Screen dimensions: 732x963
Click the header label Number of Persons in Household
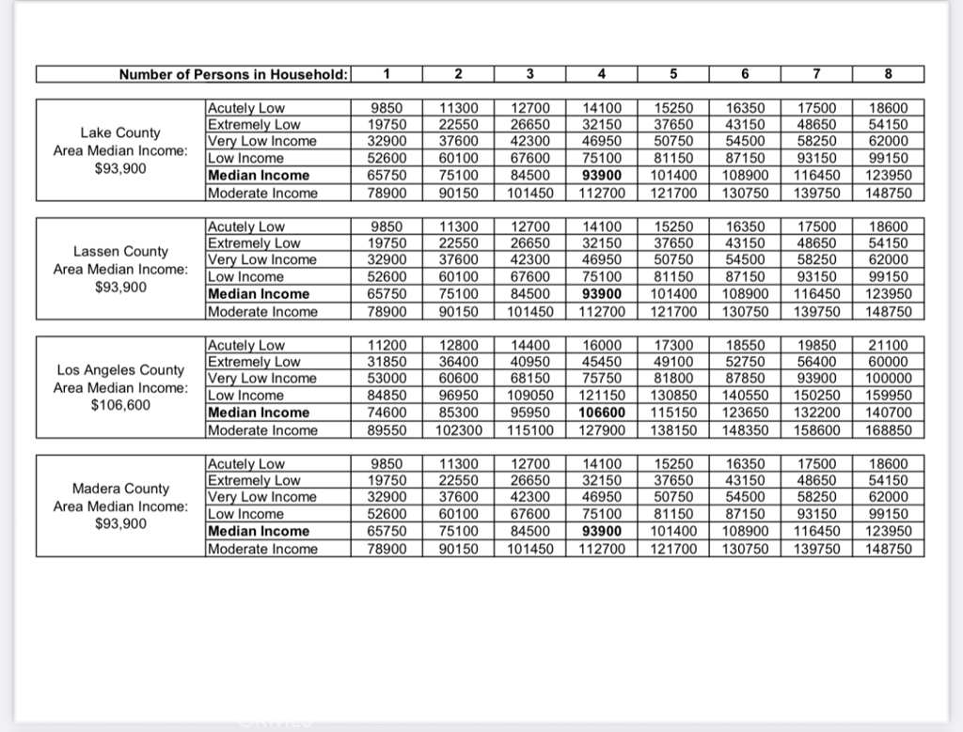point(234,74)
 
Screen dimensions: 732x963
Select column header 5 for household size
point(672,74)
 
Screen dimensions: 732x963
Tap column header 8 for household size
point(889,74)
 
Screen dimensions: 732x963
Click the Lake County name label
point(120,132)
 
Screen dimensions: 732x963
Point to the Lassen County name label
point(120,251)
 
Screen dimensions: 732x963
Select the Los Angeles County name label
point(120,369)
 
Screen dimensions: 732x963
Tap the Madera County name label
point(120,488)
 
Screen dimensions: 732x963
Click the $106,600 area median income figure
point(120,405)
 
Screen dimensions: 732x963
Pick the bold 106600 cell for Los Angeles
point(602,413)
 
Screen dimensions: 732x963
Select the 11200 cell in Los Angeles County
point(387,345)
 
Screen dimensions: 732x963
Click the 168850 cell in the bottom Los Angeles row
point(889,430)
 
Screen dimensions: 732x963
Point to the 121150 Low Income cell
point(602,396)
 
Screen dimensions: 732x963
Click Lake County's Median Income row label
point(259,176)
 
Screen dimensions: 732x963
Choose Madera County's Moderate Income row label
point(262,549)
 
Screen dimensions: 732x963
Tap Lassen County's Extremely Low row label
point(254,243)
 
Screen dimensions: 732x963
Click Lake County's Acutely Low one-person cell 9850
point(387,108)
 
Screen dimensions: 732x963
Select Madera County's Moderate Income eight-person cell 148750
point(889,549)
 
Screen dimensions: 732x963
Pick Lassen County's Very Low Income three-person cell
point(530,260)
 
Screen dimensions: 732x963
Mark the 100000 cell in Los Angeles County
point(889,379)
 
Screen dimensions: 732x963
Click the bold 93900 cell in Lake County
point(602,176)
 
